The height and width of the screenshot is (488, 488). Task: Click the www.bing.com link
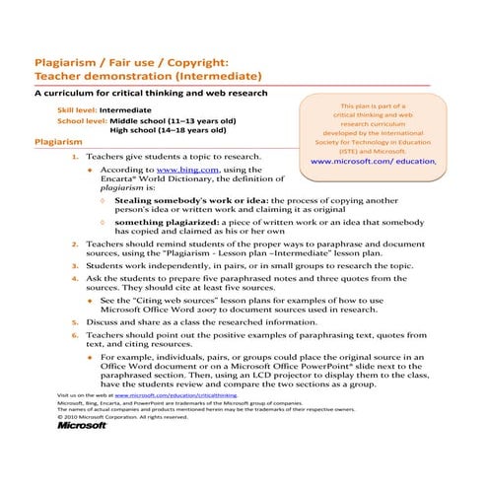(186, 170)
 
